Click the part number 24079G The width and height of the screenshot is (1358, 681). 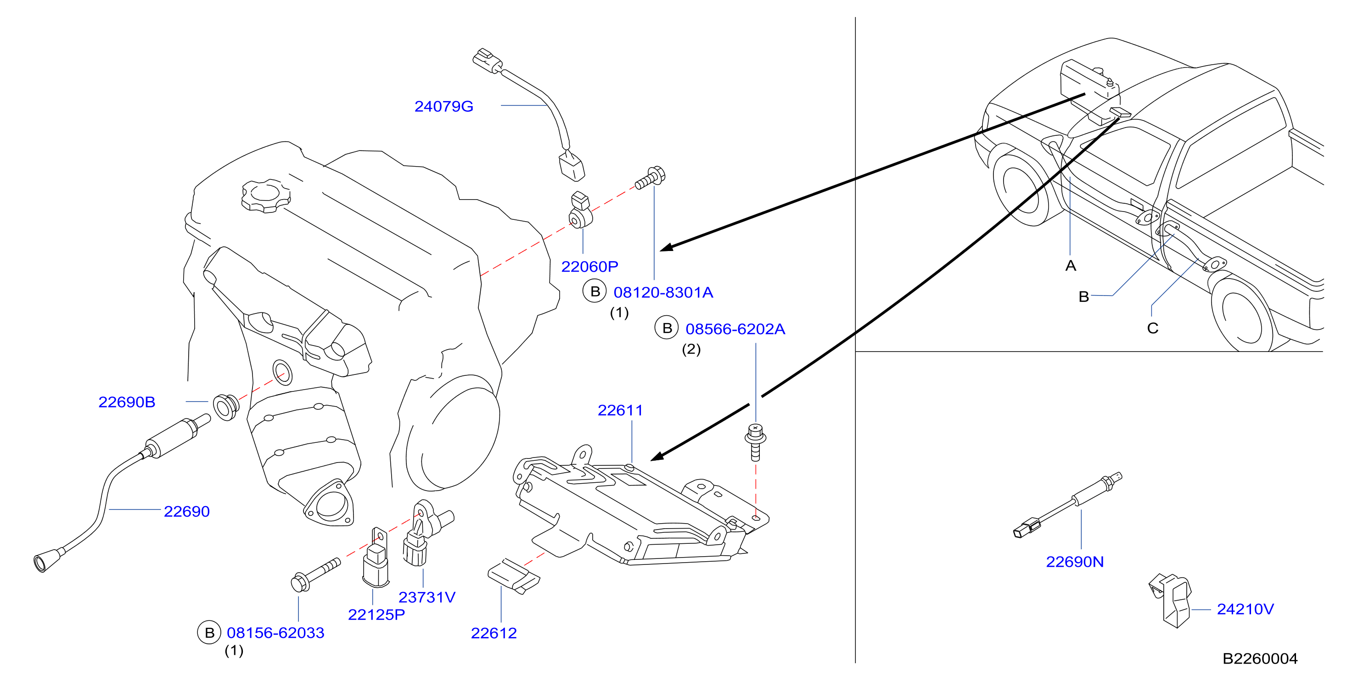[443, 106]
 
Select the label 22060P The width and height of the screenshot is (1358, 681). [589, 267]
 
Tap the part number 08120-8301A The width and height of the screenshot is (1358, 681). [663, 292]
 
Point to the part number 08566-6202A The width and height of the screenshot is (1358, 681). [735, 329]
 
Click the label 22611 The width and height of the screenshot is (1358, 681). [620, 410]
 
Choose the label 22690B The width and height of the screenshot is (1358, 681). [127, 402]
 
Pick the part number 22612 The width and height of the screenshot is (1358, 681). [494, 633]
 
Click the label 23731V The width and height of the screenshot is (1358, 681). [426, 597]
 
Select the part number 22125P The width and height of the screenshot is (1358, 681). [376, 614]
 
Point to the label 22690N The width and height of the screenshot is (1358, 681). [1074, 562]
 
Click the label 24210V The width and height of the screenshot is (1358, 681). [1245, 609]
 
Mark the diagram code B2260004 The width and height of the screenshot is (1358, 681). [1260, 659]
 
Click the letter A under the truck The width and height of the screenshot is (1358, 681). [1071, 266]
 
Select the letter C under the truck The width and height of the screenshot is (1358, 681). [1153, 329]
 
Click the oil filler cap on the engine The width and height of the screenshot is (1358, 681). [266, 195]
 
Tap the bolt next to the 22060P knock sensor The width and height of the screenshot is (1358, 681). [650, 178]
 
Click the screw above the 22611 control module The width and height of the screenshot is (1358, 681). [756, 442]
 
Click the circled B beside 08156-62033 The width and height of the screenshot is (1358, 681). [209, 632]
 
